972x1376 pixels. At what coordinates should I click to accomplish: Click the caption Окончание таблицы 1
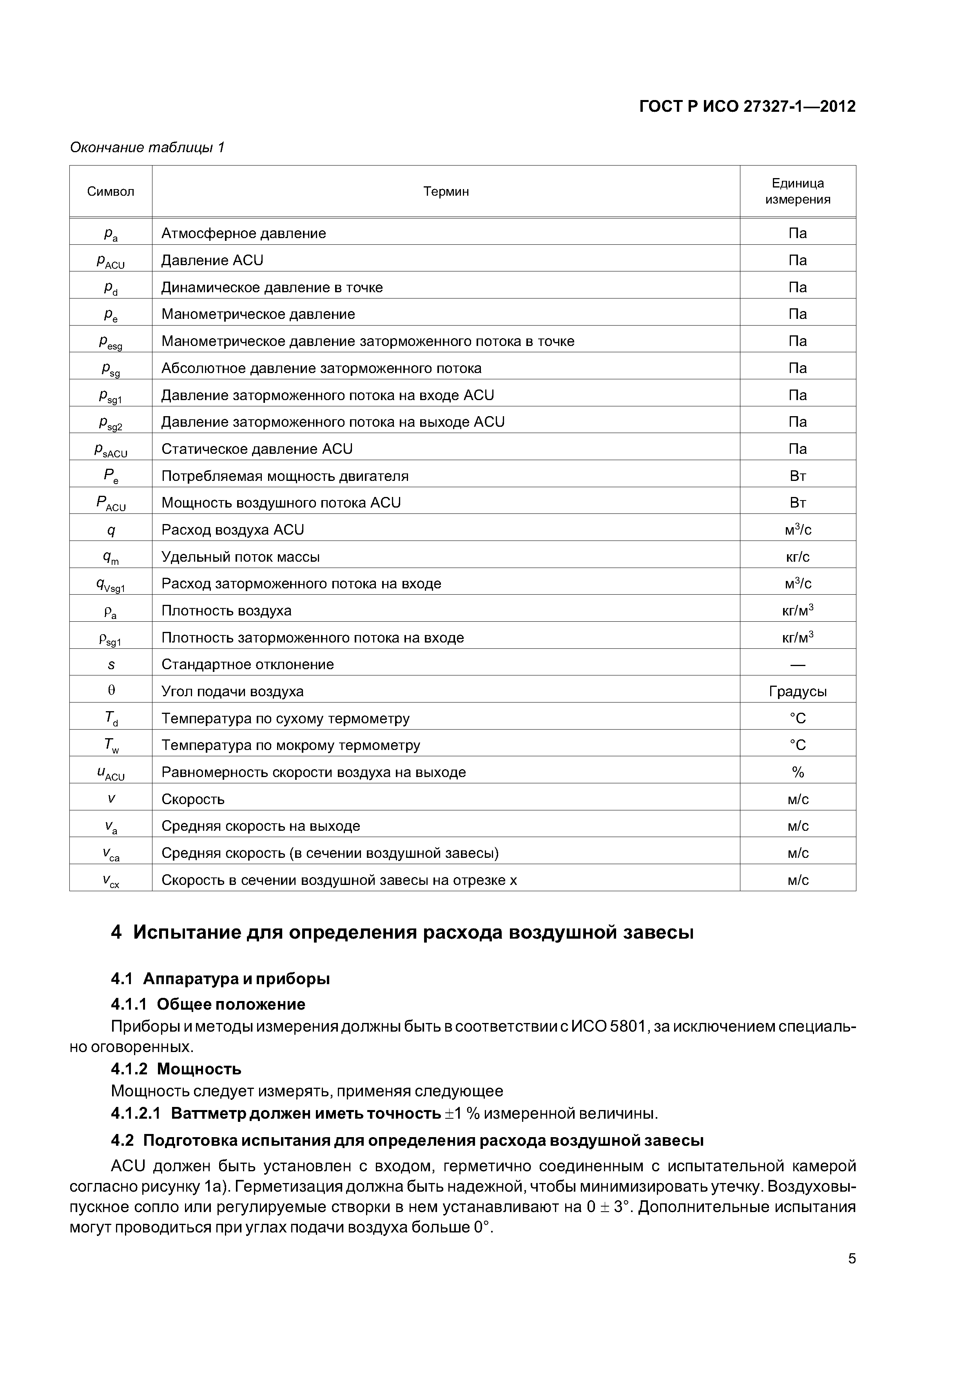[x=147, y=147]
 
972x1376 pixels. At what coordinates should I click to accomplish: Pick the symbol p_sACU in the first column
[x=111, y=450]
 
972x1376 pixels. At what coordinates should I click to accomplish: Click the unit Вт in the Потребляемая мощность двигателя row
[x=797, y=476]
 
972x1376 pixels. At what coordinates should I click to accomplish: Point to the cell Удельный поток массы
[x=240, y=557]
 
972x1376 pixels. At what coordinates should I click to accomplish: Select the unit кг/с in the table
[x=797, y=557]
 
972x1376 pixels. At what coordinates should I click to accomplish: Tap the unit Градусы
[x=797, y=692]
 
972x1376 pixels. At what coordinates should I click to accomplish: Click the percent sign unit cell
[x=797, y=772]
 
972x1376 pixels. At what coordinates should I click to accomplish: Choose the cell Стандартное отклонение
[x=247, y=664]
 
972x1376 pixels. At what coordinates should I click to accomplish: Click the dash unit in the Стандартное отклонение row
[x=797, y=664]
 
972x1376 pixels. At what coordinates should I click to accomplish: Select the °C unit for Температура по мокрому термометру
[x=797, y=745]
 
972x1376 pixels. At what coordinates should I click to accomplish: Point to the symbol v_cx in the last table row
[x=111, y=880]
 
